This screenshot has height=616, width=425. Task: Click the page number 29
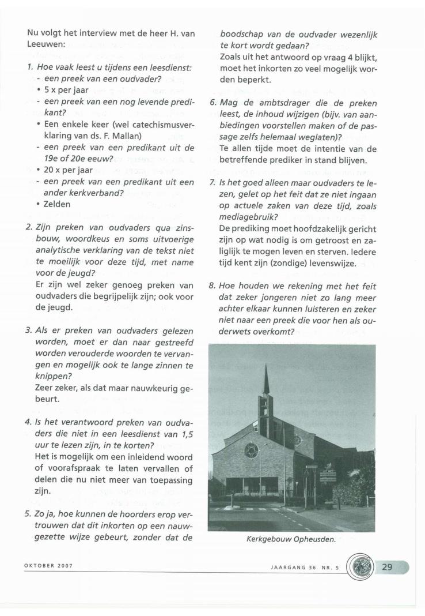point(388,567)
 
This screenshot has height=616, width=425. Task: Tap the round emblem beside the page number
point(361,568)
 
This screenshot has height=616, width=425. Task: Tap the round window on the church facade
point(251,450)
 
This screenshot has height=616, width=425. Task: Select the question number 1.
point(29,67)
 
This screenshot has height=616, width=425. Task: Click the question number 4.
point(28,421)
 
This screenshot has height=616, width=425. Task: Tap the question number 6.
point(212,104)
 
